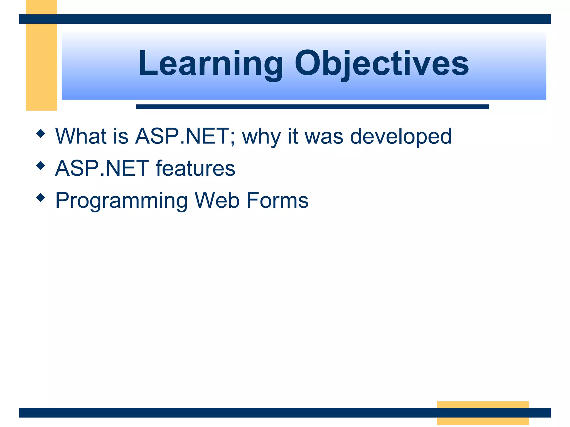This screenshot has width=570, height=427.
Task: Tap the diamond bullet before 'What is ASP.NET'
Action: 41,133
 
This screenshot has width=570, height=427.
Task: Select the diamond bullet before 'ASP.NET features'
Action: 41,166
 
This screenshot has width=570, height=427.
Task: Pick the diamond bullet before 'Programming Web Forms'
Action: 41,198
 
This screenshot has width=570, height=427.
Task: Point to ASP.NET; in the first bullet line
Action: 185,136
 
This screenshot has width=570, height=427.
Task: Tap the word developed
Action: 401,137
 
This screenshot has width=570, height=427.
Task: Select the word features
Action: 195,168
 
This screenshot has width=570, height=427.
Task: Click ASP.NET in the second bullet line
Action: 102,168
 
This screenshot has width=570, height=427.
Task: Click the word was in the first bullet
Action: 324,137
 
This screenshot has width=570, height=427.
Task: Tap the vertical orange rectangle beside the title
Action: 41,67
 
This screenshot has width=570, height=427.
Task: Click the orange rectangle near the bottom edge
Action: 483,413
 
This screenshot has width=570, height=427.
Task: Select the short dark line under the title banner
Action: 312,107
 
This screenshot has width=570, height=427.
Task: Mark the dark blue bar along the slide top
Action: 285,19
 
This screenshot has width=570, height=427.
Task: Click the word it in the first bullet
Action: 293,136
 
